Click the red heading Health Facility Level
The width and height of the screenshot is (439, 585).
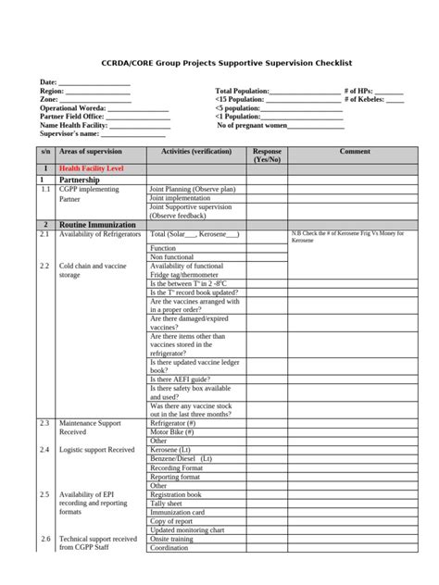[x=91, y=168]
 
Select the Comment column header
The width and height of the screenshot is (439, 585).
[x=355, y=151]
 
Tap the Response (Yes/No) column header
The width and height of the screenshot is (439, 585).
[x=268, y=155]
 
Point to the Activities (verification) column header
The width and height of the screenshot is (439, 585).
[x=196, y=151]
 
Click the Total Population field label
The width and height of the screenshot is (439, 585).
[x=243, y=91]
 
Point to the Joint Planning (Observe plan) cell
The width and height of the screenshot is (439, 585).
[x=193, y=189]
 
